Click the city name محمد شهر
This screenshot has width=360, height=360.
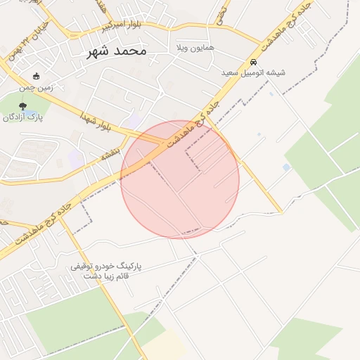pyautogui.click(x=116, y=51)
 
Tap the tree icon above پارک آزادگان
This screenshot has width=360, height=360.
pyautogui.click(x=23, y=105)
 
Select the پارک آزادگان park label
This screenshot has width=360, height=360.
pyautogui.click(x=22, y=117)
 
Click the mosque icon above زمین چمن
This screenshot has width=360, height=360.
pyautogui.click(x=37, y=76)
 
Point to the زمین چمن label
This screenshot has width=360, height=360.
pyautogui.click(x=37, y=87)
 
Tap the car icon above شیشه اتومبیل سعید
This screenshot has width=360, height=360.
pyautogui.click(x=254, y=62)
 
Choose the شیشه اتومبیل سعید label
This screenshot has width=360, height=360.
pyautogui.click(x=255, y=73)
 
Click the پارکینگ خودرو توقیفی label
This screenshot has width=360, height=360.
pyautogui.click(x=106, y=266)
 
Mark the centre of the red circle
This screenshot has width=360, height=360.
pyautogui.click(x=180, y=179)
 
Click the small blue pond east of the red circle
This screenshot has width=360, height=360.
pyautogui.click(x=286, y=167)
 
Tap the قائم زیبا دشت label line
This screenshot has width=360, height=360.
pyautogui.click(x=108, y=277)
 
